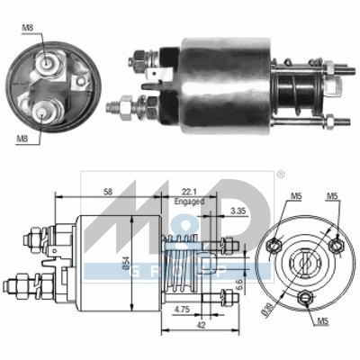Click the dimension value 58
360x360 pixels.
coord(107,192)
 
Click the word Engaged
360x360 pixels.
coord(188,202)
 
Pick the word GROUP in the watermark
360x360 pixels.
coord(184,269)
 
